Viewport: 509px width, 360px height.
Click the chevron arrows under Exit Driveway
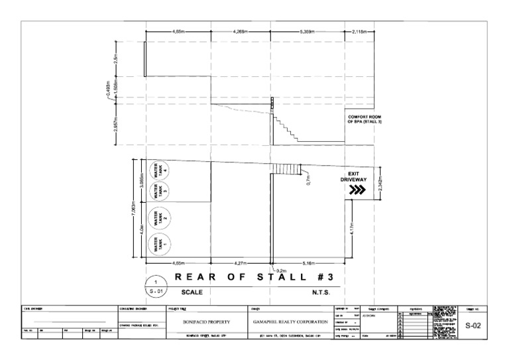pos(357,190)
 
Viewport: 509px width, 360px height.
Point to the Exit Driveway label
pos(357,176)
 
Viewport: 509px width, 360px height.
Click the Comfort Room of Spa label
pos(365,119)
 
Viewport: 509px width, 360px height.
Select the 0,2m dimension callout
pos(281,270)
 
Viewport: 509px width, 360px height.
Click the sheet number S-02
pos(473,326)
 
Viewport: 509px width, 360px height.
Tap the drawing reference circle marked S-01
pos(154,286)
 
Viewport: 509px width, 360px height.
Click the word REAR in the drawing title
pos(191,277)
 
